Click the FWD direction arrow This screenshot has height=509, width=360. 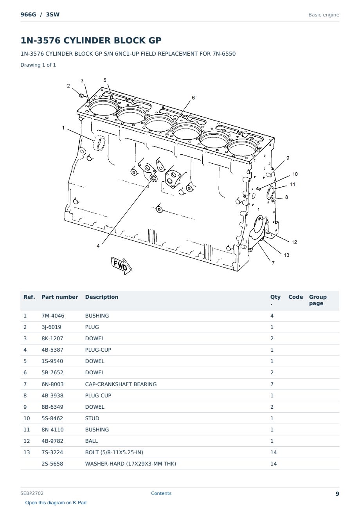click(122, 265)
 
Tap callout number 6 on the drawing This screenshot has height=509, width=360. click(193, 98)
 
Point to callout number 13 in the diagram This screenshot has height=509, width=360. click(286, 255)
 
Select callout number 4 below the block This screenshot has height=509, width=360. click(98, 246)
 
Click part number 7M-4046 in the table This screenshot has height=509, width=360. click(53, 316)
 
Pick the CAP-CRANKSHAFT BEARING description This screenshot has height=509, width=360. click(121, 384)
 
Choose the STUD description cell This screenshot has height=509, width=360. click(92, 418)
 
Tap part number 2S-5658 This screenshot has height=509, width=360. click(52, 464)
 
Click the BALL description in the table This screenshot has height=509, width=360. click(92, 441)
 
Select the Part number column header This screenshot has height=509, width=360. click(60, 297)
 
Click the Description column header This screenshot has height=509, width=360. click(102, 297)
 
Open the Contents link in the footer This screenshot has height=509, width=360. click(161, 493)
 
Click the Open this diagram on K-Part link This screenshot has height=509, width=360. click(56, 503)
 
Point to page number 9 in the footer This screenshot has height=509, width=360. click(337, 494)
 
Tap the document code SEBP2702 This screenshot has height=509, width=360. click(32, 493)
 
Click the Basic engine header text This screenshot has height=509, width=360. click(324, 15)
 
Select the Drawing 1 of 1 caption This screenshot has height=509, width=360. click(38, 65)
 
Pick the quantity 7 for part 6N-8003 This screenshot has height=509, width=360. click(272, 384)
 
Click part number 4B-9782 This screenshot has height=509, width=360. click(52, 441)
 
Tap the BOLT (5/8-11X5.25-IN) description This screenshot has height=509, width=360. click(114, 452)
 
